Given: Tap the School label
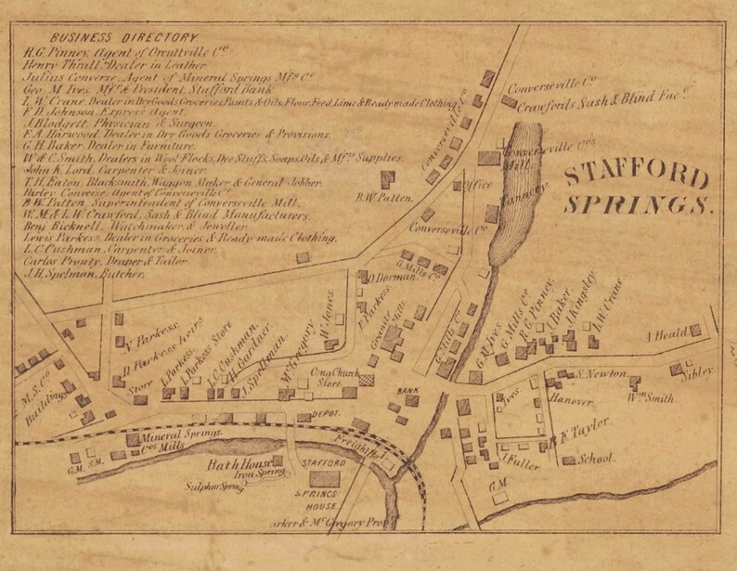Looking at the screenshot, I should (x=596, y=459).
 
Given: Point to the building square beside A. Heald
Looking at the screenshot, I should (x=694, y=331).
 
